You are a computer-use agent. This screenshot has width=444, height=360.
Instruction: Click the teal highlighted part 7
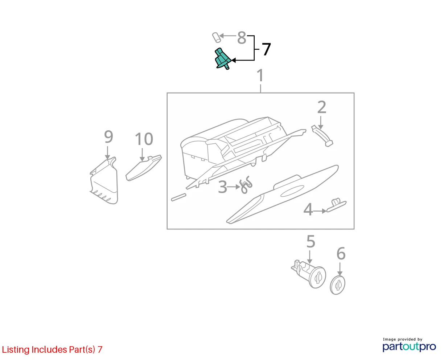222,59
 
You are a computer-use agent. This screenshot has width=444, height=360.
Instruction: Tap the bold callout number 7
266,49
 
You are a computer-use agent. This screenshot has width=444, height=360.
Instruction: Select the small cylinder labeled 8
217,37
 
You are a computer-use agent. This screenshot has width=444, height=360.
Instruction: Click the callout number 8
242,38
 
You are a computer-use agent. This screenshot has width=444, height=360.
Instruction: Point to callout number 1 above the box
260,75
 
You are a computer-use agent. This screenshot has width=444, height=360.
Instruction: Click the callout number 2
322,107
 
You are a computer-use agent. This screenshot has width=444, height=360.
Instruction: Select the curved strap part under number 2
322,136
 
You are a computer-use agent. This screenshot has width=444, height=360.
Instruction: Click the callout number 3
222,187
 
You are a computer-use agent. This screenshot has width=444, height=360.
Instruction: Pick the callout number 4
308,209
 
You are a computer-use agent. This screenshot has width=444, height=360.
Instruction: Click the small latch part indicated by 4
336,205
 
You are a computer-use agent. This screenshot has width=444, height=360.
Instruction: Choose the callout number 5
311,242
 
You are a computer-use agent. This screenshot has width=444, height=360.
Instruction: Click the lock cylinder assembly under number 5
309,273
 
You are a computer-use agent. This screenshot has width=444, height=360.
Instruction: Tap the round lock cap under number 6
337,285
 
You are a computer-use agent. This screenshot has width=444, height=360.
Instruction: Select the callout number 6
341,254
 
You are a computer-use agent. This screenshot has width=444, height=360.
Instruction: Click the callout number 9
108,136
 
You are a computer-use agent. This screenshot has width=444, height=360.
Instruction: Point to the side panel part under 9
104,181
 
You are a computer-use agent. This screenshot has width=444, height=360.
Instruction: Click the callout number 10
144,139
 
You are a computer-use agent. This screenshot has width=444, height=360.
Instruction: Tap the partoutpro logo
409,347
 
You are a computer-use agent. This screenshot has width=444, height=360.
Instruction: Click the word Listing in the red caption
16,350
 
